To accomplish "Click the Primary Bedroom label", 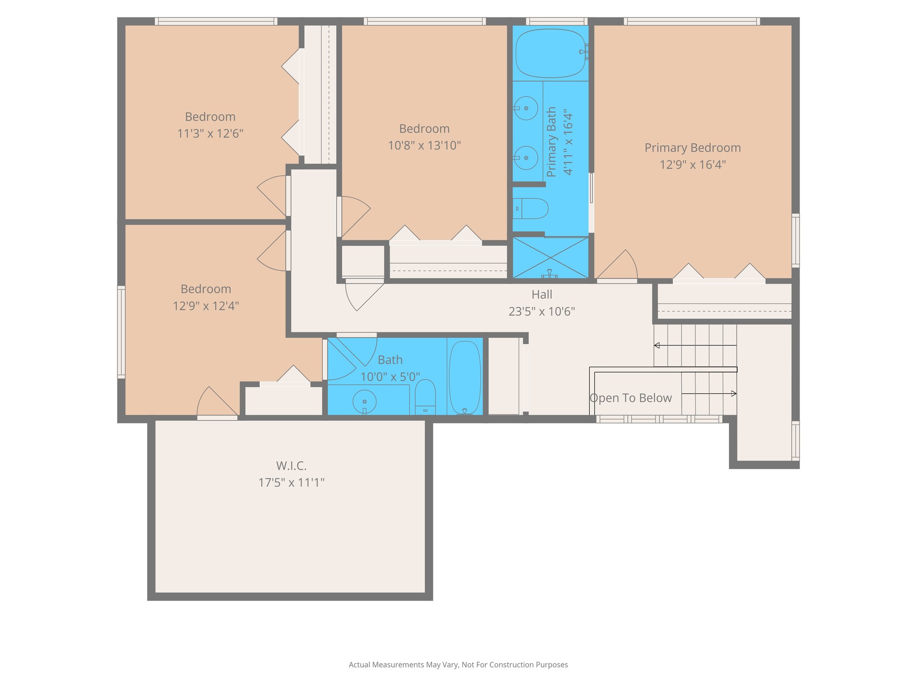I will pos(692,148).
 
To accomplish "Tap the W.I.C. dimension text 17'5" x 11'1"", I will pos(291,482).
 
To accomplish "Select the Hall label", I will pos(541,295).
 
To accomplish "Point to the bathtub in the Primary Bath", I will pos(551,53).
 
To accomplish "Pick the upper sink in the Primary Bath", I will pos(526,108).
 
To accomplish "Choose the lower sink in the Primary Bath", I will pos(526,158).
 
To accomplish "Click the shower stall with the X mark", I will pos(550,258).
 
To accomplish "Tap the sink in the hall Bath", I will pos(364,401).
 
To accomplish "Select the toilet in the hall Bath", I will pos(425,396).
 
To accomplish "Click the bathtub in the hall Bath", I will pos(465,377).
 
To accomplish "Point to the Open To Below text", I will pos(630,398).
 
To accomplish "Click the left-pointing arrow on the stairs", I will pos(657,345).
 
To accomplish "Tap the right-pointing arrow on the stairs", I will pos(733,394).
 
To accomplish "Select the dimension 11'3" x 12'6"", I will pos(210,133).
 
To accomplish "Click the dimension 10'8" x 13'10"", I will pos(424,146).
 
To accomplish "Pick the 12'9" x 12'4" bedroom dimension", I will pos(206,306).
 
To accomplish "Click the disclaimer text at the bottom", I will pos(458,665).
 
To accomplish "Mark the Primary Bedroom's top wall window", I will pos(691,21).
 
